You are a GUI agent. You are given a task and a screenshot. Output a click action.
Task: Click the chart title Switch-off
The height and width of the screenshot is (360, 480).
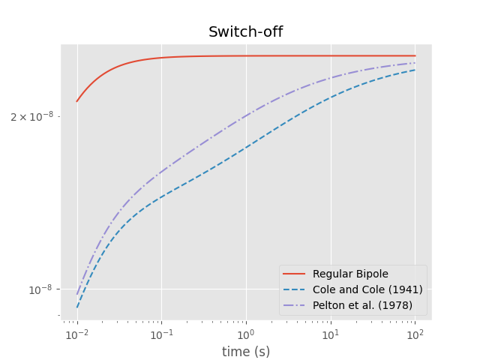point(245,32)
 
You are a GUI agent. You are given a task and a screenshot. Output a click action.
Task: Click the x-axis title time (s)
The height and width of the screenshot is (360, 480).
point(245,352)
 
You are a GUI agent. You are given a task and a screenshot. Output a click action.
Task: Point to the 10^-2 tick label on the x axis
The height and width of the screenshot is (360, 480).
point(76,334)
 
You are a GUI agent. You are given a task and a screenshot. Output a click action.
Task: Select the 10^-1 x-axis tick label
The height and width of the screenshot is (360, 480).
point(160,334)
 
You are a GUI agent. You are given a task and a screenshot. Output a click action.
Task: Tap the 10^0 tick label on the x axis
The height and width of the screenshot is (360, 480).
point(245,334)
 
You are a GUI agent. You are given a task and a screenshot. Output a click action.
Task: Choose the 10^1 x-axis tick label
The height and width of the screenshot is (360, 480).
point(330,334)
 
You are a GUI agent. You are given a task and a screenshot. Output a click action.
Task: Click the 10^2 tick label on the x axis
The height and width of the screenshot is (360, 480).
point(415,334)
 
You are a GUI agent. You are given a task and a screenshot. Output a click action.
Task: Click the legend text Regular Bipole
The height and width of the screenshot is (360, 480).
point(350,274)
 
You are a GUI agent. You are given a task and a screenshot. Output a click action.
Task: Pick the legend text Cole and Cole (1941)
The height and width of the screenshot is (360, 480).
point(367,289)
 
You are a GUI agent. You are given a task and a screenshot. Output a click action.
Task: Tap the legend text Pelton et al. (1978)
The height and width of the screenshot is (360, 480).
point(367,305)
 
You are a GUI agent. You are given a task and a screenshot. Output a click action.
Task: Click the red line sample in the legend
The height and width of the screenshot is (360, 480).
point(295,274)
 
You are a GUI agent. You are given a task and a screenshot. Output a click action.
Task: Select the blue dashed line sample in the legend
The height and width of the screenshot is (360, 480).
point(295,289)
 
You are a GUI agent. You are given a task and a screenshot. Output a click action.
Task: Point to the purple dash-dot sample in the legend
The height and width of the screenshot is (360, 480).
point(295,305)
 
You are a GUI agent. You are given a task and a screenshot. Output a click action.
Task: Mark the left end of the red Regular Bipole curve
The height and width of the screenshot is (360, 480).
point(76,101)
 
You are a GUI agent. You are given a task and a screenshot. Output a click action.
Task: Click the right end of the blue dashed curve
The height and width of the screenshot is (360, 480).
point(415,70)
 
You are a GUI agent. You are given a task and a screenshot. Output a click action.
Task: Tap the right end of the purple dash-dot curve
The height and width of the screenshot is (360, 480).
point(415,63)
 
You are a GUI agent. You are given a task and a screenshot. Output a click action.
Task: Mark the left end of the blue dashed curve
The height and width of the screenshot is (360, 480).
point(76,307)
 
